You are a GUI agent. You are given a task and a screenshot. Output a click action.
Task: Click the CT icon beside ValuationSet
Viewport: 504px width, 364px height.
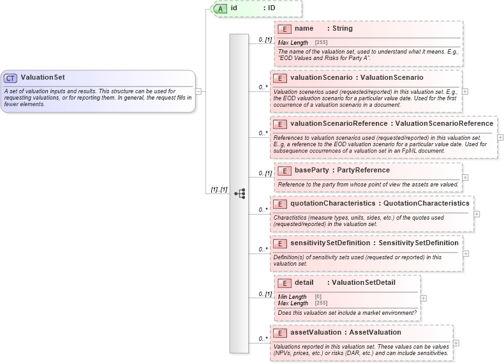11,78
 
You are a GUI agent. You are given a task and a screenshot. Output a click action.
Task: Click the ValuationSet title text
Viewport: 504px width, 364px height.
43,78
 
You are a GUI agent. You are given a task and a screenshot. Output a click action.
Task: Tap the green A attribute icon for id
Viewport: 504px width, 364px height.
220,8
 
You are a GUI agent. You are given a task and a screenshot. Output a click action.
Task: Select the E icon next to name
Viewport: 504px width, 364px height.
285,29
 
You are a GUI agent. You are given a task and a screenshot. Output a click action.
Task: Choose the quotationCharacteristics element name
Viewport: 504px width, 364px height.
332,204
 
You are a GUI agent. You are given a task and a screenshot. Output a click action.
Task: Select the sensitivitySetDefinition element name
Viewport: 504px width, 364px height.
330,243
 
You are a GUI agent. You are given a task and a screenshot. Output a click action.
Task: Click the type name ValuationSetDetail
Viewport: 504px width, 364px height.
364,283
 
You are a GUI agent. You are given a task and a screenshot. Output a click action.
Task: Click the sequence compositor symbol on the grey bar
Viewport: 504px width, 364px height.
239,193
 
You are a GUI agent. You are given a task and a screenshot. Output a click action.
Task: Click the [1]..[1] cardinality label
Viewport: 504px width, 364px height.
219,190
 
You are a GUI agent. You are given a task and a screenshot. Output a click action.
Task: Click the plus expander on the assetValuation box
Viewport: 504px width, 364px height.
456,343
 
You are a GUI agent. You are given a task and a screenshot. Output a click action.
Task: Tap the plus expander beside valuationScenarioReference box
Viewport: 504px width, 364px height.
500,137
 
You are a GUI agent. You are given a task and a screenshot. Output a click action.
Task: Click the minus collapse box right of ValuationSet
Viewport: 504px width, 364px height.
198,91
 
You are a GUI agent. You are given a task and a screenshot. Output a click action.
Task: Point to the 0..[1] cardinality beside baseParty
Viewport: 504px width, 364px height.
265,173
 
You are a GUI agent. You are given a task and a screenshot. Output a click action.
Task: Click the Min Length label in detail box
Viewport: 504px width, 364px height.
292,297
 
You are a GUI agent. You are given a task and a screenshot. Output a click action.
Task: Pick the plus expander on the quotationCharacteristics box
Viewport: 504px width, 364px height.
477,214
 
